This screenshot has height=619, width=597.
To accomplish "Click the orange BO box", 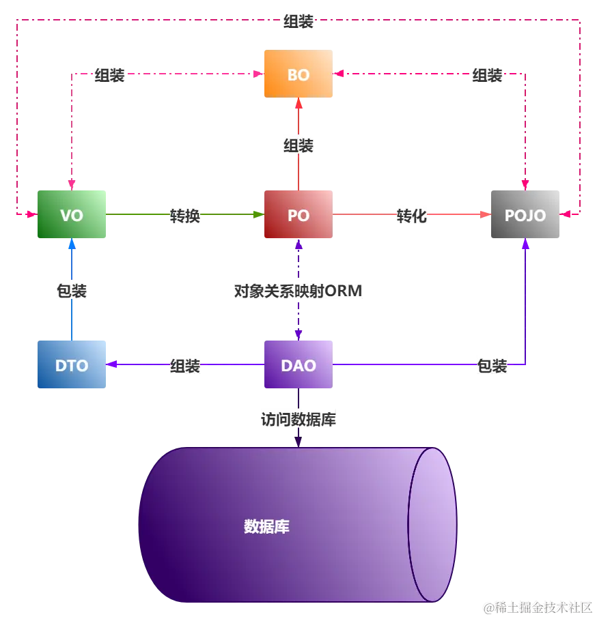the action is [x=298, y=74].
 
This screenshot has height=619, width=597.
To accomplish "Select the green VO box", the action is [x=72, y=214].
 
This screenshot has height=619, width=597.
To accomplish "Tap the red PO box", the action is [x=298, y=214].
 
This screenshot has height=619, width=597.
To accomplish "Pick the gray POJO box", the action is [x=525, y=214].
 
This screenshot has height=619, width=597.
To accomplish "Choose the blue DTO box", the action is [x=72, y=364].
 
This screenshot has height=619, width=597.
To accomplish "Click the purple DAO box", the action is [x=298, y=364].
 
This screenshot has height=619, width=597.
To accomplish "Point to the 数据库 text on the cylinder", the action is [x=266, y=526].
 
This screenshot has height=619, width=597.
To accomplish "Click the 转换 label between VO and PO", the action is [x=185, y=216].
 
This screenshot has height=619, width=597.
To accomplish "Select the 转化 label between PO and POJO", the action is [x=412, y=216].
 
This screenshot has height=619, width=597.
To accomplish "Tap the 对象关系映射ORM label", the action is [x=298, y=291].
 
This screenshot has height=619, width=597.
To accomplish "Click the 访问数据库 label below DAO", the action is [x=298, y=419].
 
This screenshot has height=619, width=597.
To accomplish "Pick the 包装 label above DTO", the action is [x=72, y=291].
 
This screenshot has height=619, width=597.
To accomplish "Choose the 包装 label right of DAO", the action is [x=492, y=366].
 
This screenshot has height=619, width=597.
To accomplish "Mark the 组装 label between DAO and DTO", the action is [x=185, y=366].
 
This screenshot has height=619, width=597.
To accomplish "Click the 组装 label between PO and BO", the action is [x=298, y=145].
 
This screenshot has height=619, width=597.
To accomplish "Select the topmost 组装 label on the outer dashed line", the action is [x=298, y=21].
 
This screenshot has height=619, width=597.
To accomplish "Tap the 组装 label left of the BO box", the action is [x=109, y=75].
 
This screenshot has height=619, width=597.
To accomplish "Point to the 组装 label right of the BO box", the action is [x=487, y=75].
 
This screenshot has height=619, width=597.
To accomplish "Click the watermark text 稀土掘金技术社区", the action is [x=544, y=607].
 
